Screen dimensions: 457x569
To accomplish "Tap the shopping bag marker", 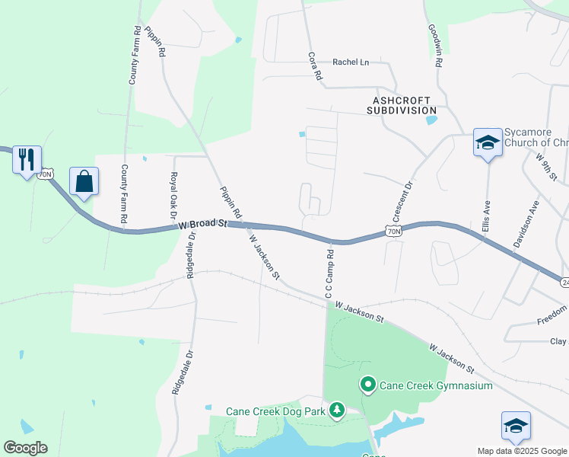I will [84, 182].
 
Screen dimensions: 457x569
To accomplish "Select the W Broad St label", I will [203, 224].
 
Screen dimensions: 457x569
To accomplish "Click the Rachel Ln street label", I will [350, 62].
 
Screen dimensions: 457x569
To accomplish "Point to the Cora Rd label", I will [315, 67].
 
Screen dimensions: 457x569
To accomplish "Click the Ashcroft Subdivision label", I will [401, 105].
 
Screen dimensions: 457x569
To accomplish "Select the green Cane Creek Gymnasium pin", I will [368, 385].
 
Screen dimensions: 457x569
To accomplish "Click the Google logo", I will [25, 448].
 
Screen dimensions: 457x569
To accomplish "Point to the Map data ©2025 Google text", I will [521, 451].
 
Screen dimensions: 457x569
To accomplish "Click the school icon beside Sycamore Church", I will [487, 142].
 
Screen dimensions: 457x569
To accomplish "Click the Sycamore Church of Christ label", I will [536, 137].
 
